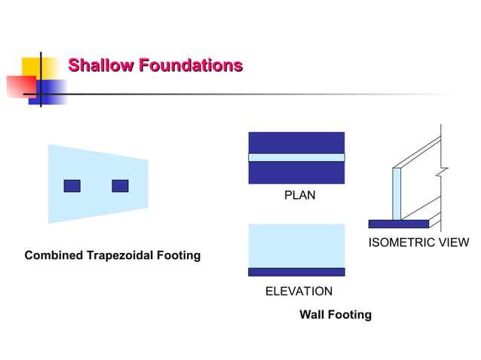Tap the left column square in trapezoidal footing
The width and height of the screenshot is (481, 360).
pyautogui.click(x=72, y=185)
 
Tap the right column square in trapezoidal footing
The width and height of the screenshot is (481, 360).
pyautogui.click(x=120, y=185)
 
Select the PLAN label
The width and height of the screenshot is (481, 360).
pyautogui.click(x=299, y=196)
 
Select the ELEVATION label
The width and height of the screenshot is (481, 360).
pyautogui.click(x=299, y=291)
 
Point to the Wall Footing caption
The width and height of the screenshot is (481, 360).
pyautogui.click(x=335, y=315)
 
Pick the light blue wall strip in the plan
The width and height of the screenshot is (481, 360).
pyautogui.click(x=296, y=157)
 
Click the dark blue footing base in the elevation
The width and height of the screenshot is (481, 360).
pyautogui.click(x=296, y=272)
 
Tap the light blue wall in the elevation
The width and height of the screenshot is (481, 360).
pyautogui.click(x=296, y=245)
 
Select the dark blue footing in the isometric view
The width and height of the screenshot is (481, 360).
pyautogui.click(x=398, y=224)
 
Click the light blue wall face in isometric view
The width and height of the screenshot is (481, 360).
pyautogui.click(x=397, y=193)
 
